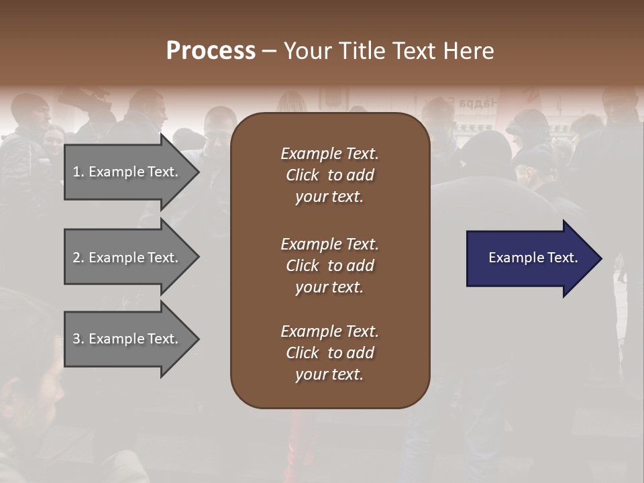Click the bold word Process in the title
tap(211, 52)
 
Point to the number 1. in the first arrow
tap(78, 172)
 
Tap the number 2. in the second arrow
tap(78, 258)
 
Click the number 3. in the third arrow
tap(78, 339)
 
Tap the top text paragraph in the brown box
tap(329, 175)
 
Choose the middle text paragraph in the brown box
tap(329, 266)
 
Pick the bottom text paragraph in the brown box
tap(329, 353)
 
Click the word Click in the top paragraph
tap(302, 175)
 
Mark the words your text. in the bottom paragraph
tap(329, 374)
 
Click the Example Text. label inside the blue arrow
tap(533, 258)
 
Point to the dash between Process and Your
tap(269, 52)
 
